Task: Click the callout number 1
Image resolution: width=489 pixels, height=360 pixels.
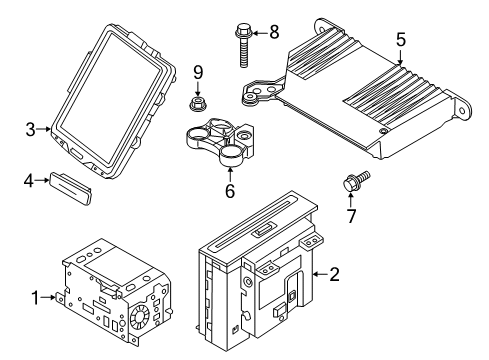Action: pos(35,298)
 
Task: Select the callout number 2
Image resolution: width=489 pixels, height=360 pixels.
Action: pos(334,274)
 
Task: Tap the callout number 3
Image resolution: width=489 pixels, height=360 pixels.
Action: pos(30,129)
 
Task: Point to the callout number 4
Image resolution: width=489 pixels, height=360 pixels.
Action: pos(29,181)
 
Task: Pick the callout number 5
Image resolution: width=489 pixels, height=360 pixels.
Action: pos(401,39)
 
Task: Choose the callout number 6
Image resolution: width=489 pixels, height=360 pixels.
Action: pos(230,191)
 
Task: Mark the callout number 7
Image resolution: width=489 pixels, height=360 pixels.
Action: pos(351,216)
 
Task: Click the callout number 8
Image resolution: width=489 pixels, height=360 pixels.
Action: pos(274,32)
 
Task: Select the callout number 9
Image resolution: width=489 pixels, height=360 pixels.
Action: pos(198,72)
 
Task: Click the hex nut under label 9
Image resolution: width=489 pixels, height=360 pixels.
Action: pos(198,103)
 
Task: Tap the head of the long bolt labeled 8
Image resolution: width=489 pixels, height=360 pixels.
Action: pos(244,30)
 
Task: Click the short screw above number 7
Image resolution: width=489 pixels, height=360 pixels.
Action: pos(356,180)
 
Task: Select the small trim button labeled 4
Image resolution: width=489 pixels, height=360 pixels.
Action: pos(71,188)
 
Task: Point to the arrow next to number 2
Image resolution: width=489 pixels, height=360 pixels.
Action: pos(320,274)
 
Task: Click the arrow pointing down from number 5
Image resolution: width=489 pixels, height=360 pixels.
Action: pos(400,56)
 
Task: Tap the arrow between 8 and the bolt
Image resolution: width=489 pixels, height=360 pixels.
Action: pos(260,33)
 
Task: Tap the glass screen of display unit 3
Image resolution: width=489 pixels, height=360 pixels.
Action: pos(113,97)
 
